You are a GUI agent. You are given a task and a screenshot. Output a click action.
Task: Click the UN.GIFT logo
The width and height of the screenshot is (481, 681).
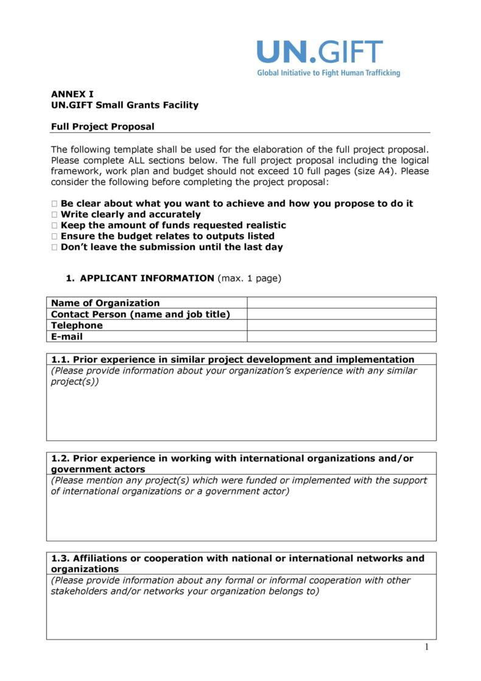(320, 52)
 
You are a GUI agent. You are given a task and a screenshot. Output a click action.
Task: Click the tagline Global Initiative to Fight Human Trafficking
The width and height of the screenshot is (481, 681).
(328, 73)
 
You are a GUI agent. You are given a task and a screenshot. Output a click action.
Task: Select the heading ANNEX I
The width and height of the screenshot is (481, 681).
(72, 94)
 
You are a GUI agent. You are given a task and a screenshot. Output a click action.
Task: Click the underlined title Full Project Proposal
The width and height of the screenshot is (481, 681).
(102, 127)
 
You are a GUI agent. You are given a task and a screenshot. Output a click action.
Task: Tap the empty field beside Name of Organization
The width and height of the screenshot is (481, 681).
(342, 303)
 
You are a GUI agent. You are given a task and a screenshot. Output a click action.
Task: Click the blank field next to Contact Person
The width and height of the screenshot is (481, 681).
(342, 314)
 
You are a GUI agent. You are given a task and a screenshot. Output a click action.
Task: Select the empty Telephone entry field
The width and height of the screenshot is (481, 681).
(342, 325)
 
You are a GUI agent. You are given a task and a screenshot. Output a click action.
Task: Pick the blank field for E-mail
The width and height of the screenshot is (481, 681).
(342, 336)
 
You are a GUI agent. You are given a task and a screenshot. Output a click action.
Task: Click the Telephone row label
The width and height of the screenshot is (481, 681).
(77, 325)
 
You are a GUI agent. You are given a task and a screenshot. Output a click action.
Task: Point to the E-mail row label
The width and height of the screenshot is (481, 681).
(67, 336)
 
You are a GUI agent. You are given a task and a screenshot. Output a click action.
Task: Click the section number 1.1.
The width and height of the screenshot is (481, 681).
(60, 359)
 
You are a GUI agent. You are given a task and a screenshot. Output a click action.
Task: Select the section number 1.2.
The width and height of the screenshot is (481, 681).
(60, 458)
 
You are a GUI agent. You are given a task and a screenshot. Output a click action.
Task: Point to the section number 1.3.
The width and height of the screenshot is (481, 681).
(60, 558)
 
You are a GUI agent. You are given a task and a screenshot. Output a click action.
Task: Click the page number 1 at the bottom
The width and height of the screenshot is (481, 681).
(427, 647)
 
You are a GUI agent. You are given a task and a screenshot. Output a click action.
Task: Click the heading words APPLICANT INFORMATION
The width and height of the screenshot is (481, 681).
(147, 278)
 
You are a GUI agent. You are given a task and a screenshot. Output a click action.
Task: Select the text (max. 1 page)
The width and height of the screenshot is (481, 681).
(249, 278)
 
